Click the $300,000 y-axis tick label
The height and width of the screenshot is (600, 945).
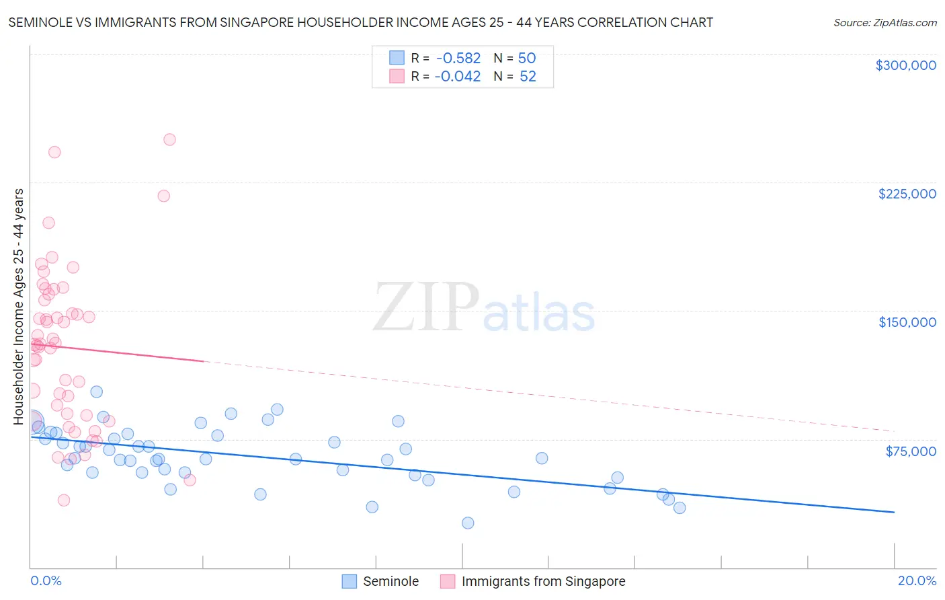[x=905, y=65]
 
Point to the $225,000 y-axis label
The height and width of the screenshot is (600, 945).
[x=907, y=194]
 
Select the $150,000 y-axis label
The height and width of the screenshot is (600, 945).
[x=907, y=322]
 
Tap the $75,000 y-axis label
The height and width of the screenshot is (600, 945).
[x=910, y=451]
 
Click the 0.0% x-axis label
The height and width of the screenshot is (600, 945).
[x=46, y=580]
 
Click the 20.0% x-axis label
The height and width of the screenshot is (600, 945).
[x=917, y=580]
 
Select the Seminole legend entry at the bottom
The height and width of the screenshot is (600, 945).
[x=391, y=581]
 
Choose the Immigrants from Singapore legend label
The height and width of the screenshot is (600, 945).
[x=543, y=581]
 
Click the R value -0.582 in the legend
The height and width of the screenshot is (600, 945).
[x=458, y=59]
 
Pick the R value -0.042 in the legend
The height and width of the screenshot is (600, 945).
[x=458, y=77]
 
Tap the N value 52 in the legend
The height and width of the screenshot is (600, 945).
[x=528, y=77]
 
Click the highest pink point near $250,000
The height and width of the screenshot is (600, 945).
[x=169, y=140]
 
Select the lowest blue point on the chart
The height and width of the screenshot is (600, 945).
[x=468, y=523]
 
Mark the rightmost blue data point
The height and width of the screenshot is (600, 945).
[x=680, y=508]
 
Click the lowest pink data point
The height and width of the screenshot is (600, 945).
[x=64, y=500]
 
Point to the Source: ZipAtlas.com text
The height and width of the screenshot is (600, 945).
[x=885, y=23]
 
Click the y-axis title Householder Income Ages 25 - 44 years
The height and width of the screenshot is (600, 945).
[x=19, y=306]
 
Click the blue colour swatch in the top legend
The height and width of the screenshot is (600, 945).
[x=397, y=58]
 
